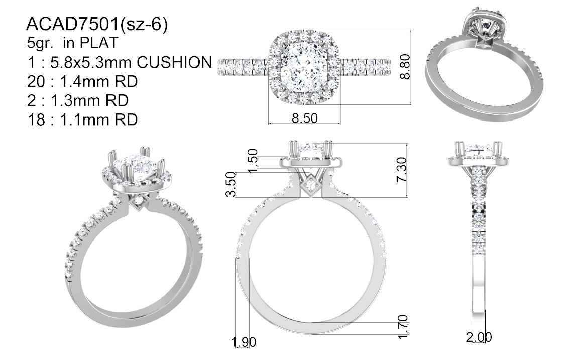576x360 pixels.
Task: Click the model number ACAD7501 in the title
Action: [72, 24]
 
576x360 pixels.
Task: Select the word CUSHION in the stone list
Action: [174, 62]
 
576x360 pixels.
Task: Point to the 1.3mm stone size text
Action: [73, 100]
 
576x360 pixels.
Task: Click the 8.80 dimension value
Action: [404, 66]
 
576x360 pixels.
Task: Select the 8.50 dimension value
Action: [304, 118]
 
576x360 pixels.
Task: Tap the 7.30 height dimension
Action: [402, 169]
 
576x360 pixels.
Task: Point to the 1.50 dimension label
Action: [253, 161]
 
